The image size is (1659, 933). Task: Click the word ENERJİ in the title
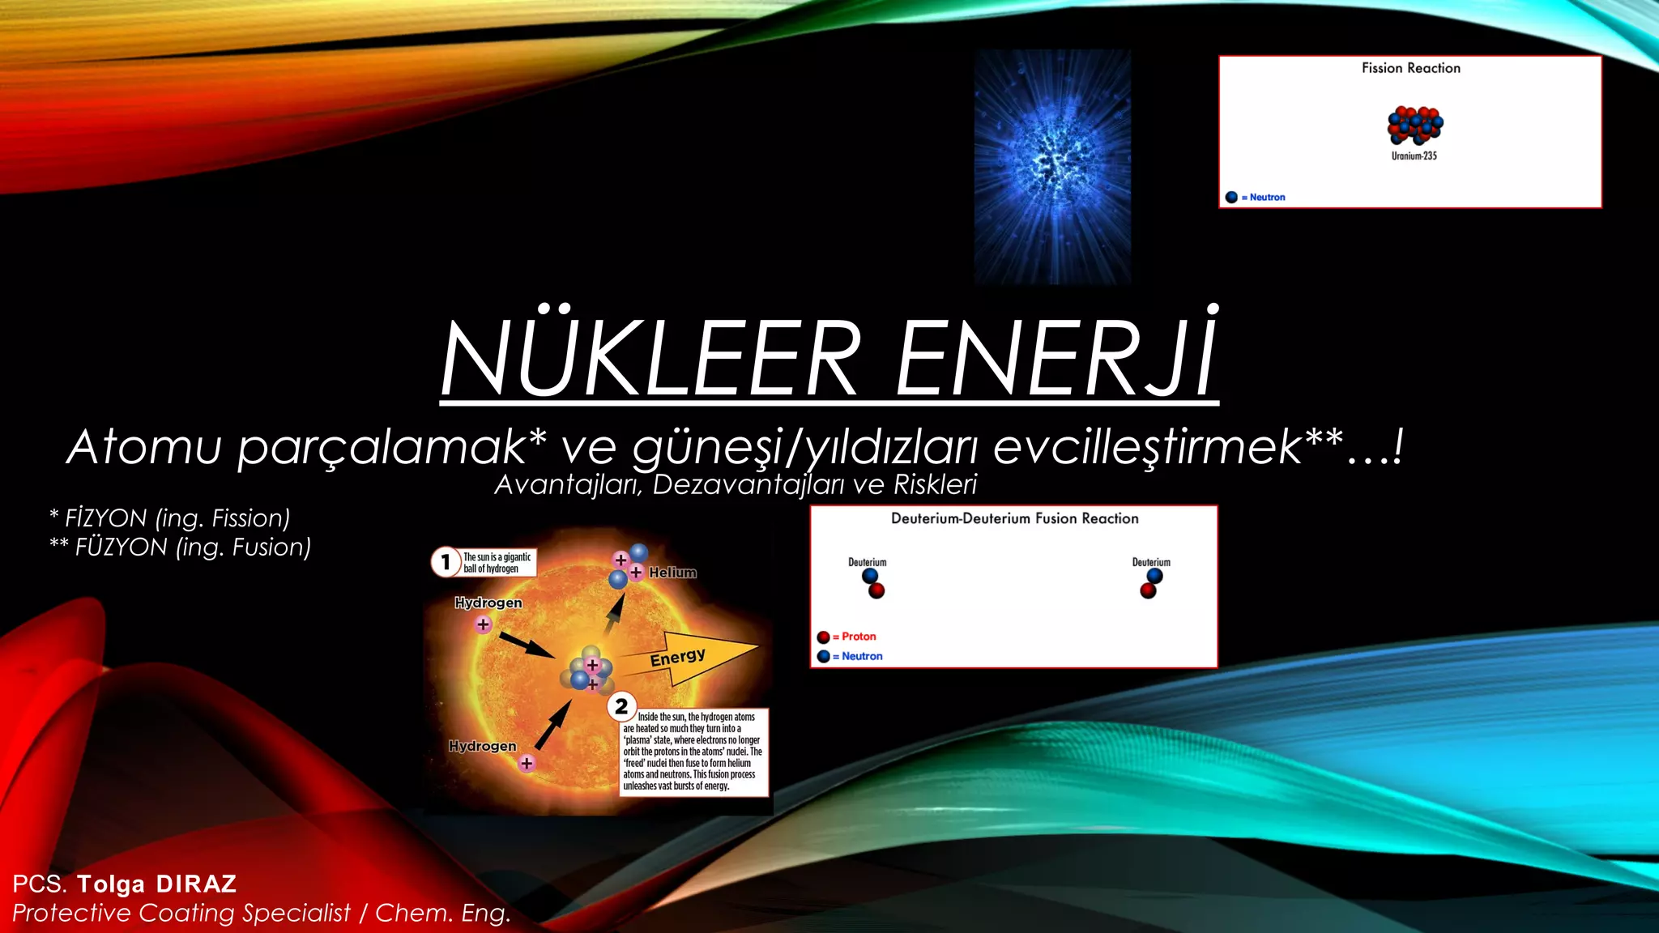(1056, 358)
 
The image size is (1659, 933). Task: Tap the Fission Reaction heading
(1410, 68)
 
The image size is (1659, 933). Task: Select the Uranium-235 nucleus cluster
(1414, 125)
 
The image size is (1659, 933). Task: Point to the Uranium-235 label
(1414, 155)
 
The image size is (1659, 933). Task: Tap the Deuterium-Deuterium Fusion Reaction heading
(1014, 518)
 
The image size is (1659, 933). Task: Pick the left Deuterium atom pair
(872, 583)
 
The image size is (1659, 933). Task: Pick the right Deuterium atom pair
(1151, 583)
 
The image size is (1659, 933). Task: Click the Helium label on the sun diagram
(672, 573)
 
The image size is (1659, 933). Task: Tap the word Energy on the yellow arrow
(677, 657)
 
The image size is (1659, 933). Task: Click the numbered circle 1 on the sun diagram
(446, 561)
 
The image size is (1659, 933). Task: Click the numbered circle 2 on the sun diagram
(621, 706)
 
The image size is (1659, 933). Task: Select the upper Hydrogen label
(488, 603)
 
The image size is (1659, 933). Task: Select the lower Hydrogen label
(482, 746)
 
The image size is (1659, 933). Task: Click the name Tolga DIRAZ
(157, 884)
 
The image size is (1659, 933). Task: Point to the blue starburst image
(1052, 166)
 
